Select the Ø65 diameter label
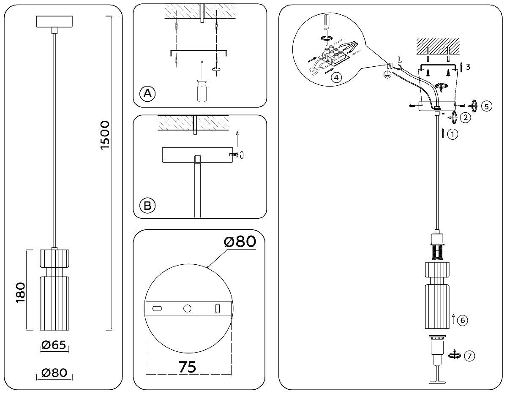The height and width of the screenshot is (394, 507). click(54, 345)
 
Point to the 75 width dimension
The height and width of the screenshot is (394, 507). click(187, 366)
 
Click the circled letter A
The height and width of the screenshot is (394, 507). click(147, 93)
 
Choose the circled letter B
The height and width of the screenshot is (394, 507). click(147, 206)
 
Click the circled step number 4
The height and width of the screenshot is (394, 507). click(336, 78)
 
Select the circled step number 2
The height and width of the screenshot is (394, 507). click(465, 117)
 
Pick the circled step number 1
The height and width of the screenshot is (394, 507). click(452, 134)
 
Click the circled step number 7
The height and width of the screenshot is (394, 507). click(469, 356)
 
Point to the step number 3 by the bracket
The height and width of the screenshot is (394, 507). click(469, 66)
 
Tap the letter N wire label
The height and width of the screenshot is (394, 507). click(389, 66)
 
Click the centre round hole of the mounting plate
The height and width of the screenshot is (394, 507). click(187, 309)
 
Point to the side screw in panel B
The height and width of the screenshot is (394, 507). click(233, 155)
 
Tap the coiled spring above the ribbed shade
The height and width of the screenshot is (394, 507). click(438, 253)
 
